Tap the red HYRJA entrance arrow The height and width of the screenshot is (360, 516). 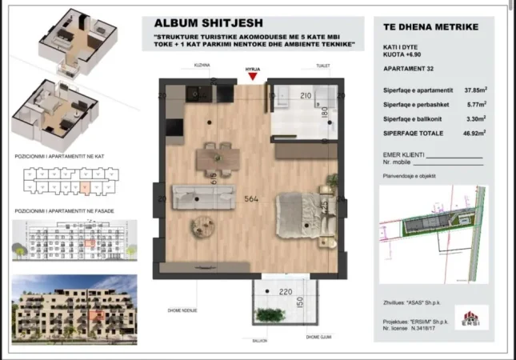[253, 77]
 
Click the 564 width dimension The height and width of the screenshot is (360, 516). [250, 200]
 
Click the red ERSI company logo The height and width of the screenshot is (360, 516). [477, 319]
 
